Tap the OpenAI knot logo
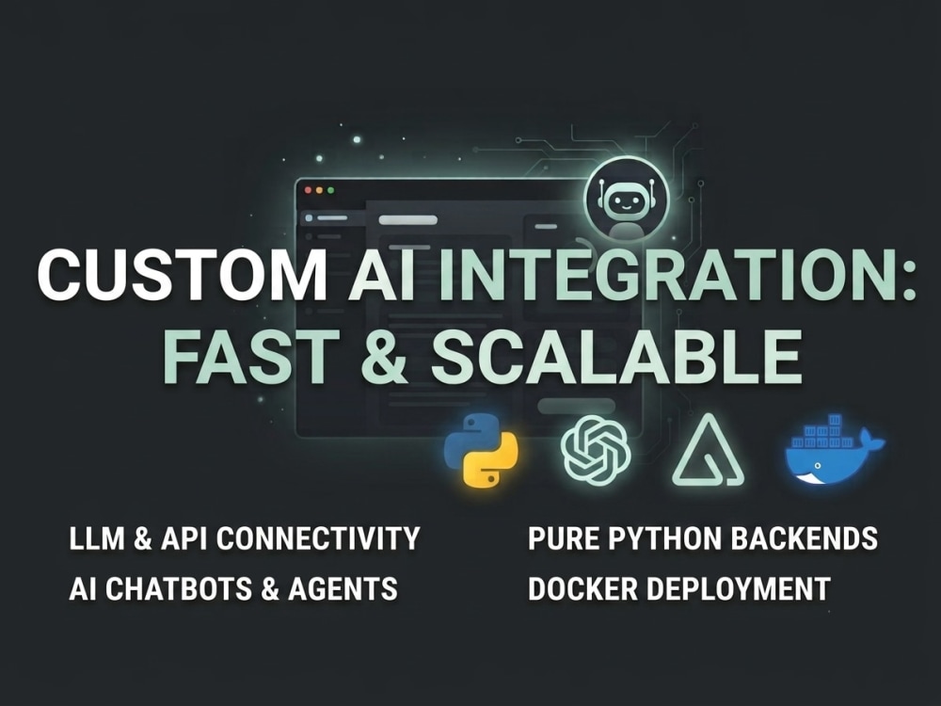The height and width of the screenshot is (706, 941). (x=596, y=450)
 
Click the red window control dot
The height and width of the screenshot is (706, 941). (x=309, y=190)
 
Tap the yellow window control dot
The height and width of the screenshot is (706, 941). (x=319, y=190)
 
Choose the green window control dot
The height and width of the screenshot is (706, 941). (x=330, y=190)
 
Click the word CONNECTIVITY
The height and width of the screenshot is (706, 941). (x=317, y=538)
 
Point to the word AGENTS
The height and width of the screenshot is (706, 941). (x=343, y=588)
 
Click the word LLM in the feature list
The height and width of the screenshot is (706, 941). (x=97, y=538)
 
